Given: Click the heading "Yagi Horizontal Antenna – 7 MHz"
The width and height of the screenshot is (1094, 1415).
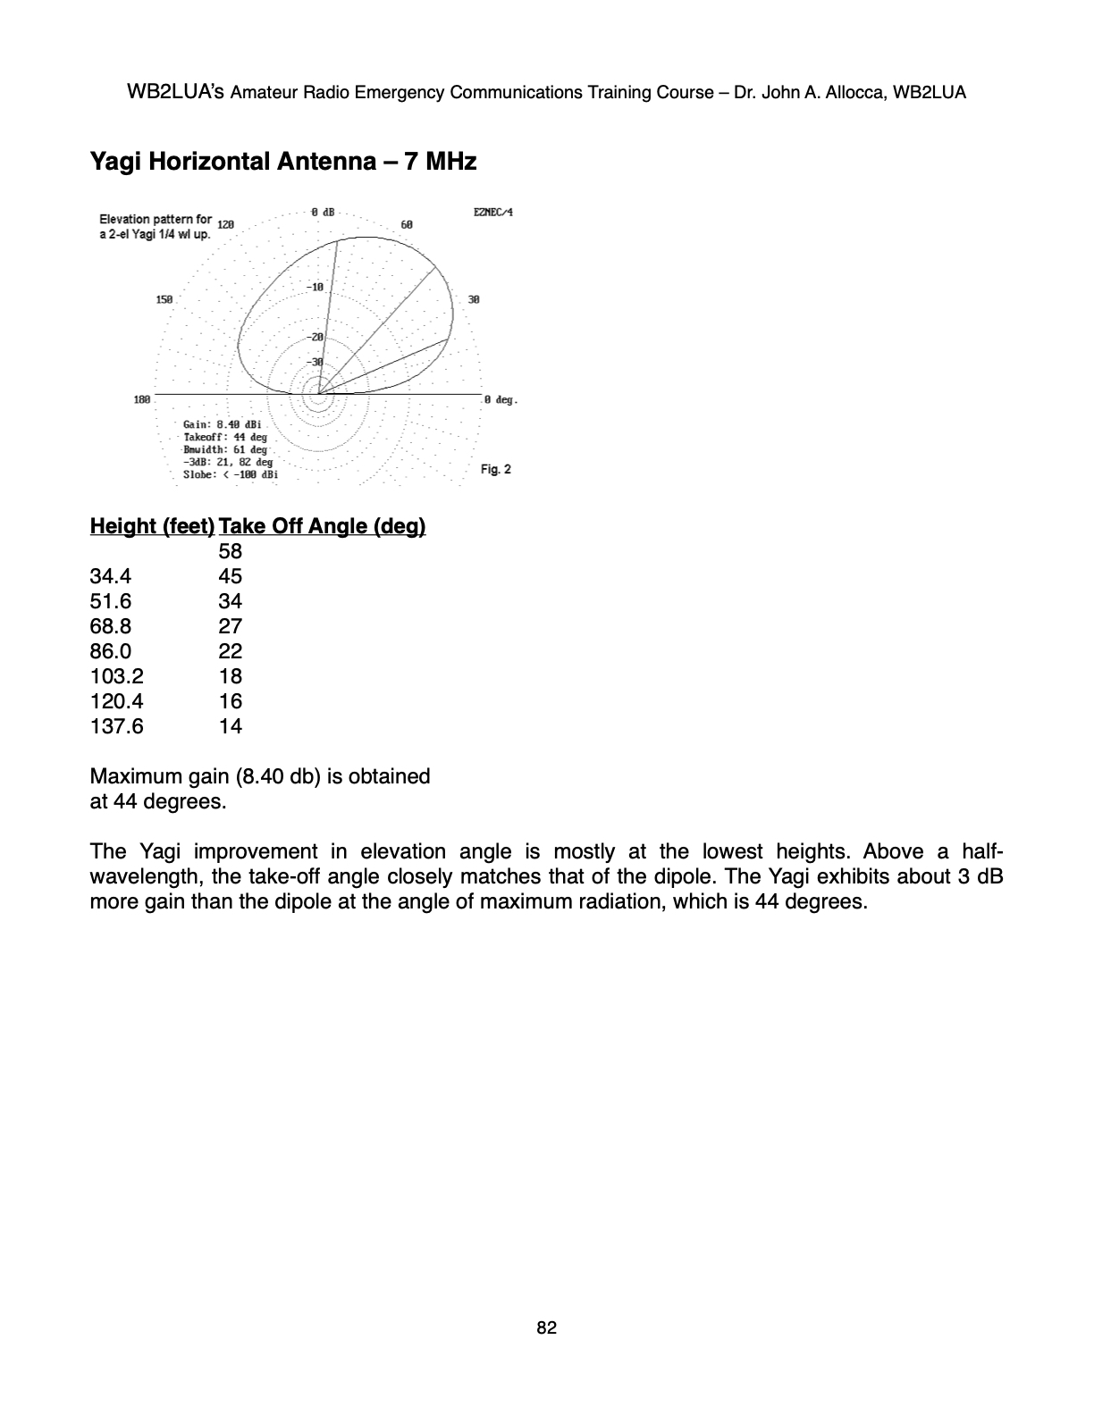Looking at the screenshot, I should (283, 162).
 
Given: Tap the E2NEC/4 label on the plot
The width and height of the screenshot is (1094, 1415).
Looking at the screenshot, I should (494, 213).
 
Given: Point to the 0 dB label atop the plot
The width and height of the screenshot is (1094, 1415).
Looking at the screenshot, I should (323, 213).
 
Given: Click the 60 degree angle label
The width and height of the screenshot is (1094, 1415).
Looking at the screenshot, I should (407, 225).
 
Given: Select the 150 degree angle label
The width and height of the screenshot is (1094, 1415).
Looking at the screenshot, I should (164, 300).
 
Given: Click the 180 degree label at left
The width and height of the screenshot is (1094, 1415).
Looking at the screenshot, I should (142, 400).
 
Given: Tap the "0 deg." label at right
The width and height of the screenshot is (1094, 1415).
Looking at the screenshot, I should (501, 400).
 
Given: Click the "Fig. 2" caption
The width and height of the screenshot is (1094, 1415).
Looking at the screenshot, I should (496, 470).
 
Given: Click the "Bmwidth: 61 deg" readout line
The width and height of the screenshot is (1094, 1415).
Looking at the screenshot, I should (225, 449).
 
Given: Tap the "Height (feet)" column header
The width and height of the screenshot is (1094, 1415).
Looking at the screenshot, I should (152, 526).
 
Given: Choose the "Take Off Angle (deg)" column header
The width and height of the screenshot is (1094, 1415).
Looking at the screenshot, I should (322, 526).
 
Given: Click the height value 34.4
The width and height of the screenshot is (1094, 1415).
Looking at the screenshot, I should (111, 576).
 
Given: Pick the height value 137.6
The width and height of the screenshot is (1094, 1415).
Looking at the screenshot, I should (116, 726).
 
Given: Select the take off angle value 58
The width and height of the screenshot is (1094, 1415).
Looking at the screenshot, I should (231, 551).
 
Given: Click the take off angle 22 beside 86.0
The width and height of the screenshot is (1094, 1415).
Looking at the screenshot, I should (231, 651).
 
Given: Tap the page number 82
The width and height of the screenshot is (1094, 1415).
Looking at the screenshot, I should (547, 1328).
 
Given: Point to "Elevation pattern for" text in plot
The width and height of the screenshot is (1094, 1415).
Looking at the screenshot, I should (156, 219).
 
